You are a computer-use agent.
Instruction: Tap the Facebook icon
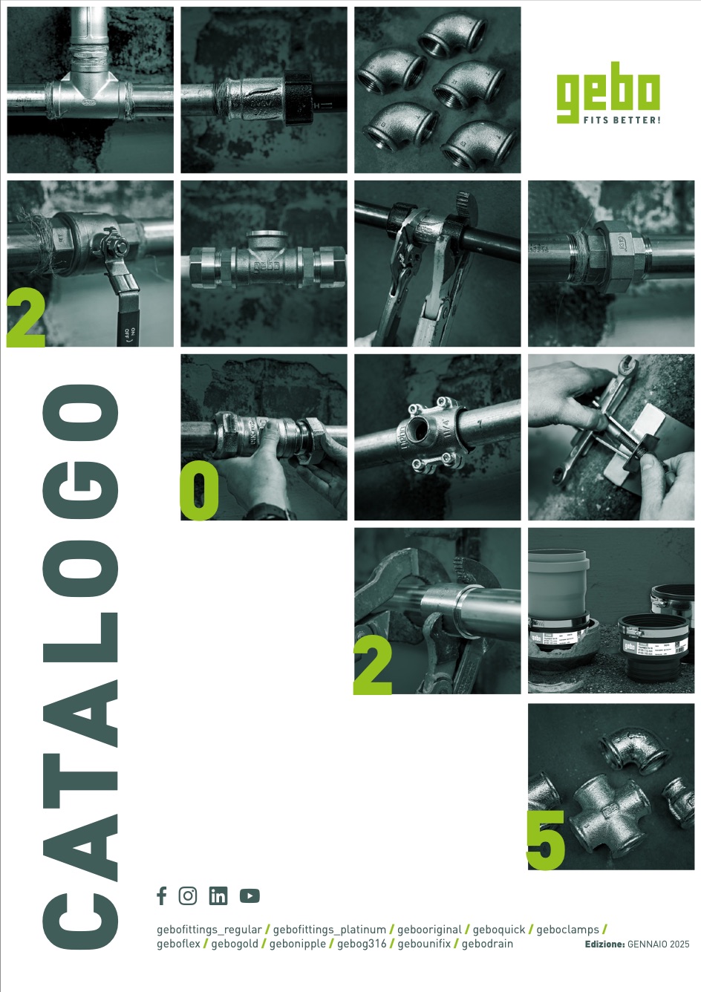tap(162, 895)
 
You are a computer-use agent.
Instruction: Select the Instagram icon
tap(188, 895)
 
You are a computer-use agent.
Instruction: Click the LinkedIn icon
tap(218, 895)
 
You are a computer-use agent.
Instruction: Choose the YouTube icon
tap(250, 895)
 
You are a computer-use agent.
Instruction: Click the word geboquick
tap(498, 929)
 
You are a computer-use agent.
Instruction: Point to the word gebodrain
tap(487, 944)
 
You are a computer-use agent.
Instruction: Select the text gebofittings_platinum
tap(330, 929)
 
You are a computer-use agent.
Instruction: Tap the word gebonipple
tap(297, 944)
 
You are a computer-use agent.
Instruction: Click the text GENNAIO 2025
tap(659, 944)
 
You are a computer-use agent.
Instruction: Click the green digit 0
tap(199, 490)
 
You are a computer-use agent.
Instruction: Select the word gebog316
tap(362, 944)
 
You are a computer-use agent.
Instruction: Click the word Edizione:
tap(604, 944)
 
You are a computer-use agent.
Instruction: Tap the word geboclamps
tap(568, 929)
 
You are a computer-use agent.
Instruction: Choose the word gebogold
tap(235, 944)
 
